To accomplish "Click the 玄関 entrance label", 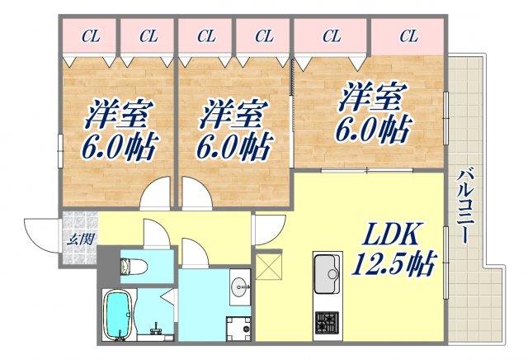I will tap(79, 240).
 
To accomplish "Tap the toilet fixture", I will tap(133, 265).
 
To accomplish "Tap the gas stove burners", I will tap(326, 320).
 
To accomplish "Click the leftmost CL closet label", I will tap(91, 36).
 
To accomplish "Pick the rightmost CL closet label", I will tap(408, 36).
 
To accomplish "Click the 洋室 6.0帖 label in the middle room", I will tap(233, 130).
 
